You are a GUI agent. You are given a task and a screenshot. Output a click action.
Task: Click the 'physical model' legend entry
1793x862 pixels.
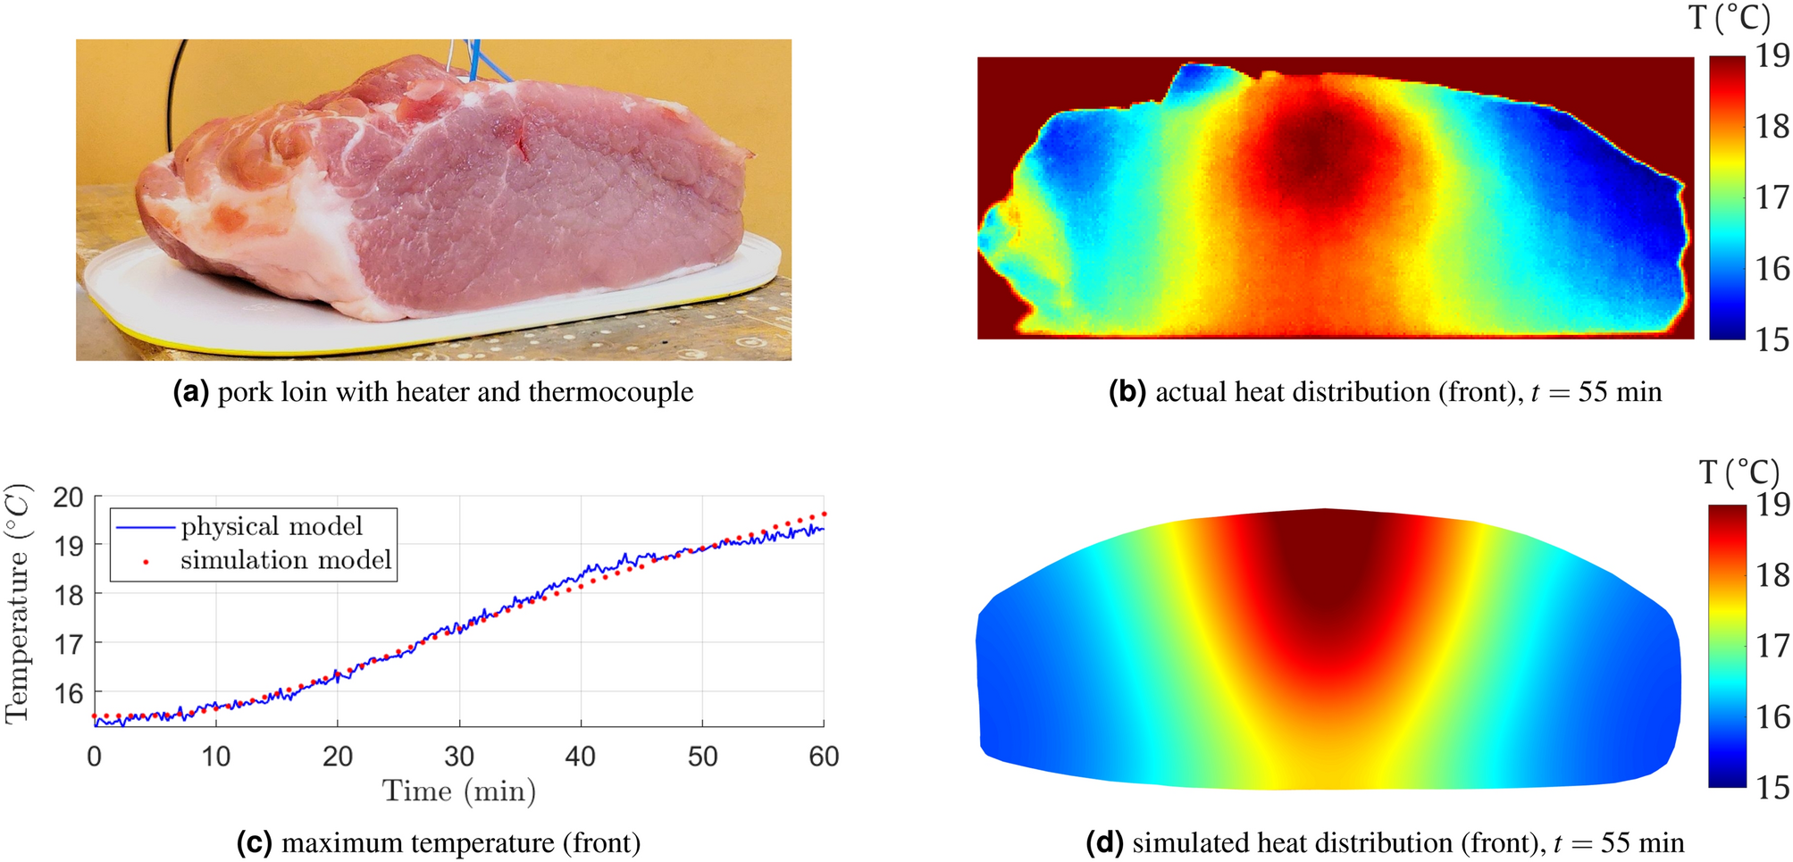tap(271, 526)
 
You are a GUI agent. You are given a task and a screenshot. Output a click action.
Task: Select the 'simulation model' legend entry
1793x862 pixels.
tap(285, 560)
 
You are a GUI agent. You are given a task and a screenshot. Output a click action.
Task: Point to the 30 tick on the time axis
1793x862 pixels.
tap(458, 757)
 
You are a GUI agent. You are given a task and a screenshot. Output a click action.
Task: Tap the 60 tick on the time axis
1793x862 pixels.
tap(823, 757)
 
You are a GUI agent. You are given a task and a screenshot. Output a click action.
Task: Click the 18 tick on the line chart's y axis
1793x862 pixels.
tap(69, 595)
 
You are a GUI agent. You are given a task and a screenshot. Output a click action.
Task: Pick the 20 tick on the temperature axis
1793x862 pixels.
tap(69, 498)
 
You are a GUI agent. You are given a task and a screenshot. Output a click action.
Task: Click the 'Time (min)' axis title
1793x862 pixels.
tap(458, 791)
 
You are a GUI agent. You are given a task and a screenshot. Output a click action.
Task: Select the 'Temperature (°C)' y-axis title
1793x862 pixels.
tap(18, 603)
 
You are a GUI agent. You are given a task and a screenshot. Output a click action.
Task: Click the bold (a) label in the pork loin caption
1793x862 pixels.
tap(190, 392)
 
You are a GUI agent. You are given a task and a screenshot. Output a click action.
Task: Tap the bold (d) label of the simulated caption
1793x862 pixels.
tap(1104, 843)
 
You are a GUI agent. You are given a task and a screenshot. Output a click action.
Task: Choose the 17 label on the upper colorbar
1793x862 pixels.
tap(1772, 197)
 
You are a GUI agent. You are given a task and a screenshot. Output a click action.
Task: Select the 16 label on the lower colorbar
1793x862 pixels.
tap(1772, 717)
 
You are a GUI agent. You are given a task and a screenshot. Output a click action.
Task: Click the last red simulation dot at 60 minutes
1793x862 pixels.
tap(824, 515)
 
